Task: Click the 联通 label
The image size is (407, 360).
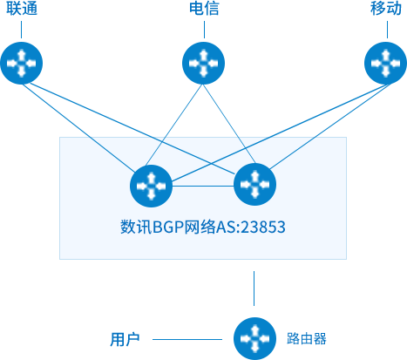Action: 22,8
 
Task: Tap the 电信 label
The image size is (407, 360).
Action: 204,8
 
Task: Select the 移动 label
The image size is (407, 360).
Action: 386,8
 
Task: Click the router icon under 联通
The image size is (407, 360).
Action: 22,63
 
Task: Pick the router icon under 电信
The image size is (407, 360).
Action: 203,63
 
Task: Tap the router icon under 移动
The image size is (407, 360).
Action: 385,63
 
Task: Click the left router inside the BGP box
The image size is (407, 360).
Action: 151,186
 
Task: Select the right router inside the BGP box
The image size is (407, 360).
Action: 254,184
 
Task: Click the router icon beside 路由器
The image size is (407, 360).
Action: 254,338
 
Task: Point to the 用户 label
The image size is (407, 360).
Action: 125,339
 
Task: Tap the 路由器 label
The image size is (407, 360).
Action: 307,338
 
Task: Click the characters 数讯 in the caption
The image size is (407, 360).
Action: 136,227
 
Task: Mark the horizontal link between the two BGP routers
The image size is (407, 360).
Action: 203,186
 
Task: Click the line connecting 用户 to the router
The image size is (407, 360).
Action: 187,339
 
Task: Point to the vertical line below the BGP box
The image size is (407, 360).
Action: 254,289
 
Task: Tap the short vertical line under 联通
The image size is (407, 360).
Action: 21,30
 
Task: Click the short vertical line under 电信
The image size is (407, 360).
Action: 204,30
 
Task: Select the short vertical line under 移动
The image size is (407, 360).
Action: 387,30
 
